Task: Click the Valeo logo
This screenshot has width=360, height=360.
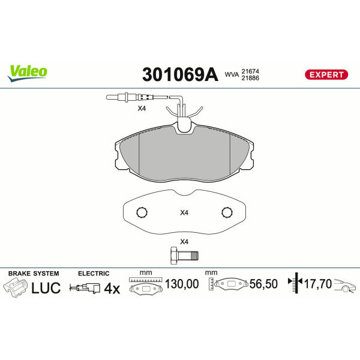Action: [x=28, y=73]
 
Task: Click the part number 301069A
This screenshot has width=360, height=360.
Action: [x=180, y=74]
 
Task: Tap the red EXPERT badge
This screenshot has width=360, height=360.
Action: [x=326, y=74]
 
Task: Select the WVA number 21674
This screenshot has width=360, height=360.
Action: [x=250, y=71]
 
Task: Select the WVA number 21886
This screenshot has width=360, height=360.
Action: [x=250, y=78]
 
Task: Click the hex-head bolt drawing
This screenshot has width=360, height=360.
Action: [x=184, y=256]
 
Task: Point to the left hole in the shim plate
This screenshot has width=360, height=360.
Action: [x=142, y=212]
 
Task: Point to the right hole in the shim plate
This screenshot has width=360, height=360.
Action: [x=227, y=212]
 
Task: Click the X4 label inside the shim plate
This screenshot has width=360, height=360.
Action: [x=184, y=213]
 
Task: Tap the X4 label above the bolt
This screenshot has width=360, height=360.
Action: [x=184, y=242]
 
